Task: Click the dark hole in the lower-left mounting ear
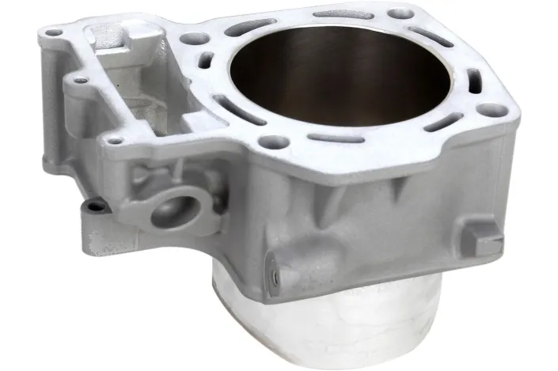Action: (96, 206)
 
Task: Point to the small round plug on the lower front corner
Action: (273, 278)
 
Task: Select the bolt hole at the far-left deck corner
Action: (53, 34)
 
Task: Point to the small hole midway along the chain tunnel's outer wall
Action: (79, 78)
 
